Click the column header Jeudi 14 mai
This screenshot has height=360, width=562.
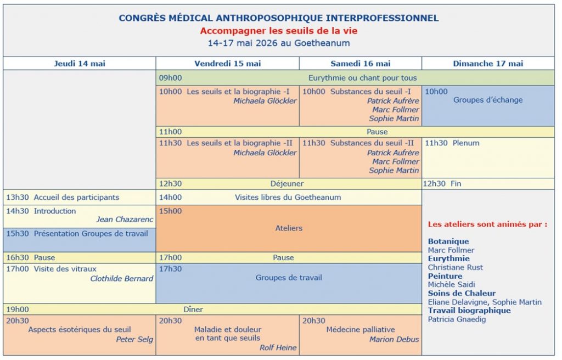[80, 64]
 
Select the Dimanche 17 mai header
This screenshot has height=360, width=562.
[488, 64]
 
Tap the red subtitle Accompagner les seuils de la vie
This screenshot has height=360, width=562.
[278, 31]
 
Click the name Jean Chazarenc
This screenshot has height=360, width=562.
[125, 220]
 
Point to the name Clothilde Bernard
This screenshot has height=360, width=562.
[121, 278]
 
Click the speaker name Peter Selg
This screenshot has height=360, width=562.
[134, 339]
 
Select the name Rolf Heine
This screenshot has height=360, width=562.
[278, 347]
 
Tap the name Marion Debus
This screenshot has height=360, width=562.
[394, 339]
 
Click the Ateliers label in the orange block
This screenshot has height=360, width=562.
[289, 228]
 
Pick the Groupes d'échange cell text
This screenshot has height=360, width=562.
[487, 100]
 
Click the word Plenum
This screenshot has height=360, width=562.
[466, 143]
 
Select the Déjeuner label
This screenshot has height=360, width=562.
[286, 184]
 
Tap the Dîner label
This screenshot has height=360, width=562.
[193, 310]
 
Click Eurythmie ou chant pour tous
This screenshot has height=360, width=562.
[362, 78]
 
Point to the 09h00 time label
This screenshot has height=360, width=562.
[170, 78]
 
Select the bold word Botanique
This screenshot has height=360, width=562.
[448, 241]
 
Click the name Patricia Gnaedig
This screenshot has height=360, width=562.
[457, 319]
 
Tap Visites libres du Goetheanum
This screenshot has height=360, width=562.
[288, 197]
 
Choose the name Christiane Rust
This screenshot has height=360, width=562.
[455, 267]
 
